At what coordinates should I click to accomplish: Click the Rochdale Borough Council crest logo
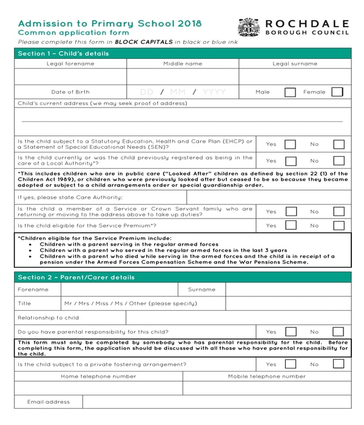(x=249, y=27)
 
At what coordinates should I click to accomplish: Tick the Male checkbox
(x=290, y=92)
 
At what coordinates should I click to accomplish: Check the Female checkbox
(x=337, y=92)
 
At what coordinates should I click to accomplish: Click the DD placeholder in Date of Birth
(x=147, y=92)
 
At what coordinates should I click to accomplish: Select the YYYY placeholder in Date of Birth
(x=214, y=92)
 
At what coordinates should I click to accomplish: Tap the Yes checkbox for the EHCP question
(x=291, y=144)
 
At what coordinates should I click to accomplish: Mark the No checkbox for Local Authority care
(x=339, y=161)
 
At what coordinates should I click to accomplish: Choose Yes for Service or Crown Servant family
(x=291, y=211)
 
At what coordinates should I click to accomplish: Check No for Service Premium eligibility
(x=339, y=225)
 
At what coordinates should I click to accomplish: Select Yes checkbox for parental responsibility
(x=291, y=332)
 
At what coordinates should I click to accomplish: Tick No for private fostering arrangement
(x=339, y=364)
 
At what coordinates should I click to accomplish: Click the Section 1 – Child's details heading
(x=64, y=53)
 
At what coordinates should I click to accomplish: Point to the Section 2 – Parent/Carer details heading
(x=76, y=277)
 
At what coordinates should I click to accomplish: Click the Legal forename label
(x=70, y=64)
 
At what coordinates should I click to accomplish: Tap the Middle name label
(x=183, y=64)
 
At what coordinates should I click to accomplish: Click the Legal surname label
(x=295, y=64)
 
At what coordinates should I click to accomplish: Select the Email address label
(x=49, y=402)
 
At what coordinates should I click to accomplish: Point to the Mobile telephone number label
(x=267, y=376)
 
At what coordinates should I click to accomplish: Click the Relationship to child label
(x=49, y=318)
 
